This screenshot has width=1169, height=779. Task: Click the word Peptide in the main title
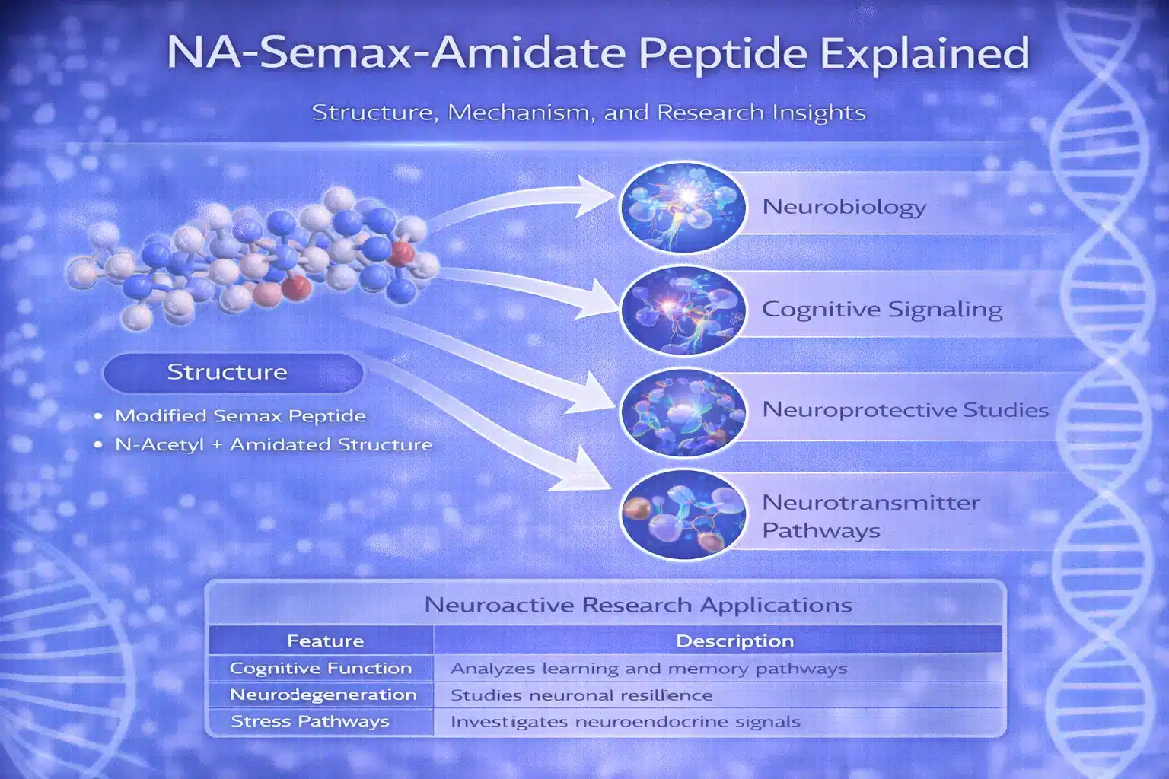(723, 54)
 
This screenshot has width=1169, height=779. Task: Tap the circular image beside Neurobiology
(683, 207)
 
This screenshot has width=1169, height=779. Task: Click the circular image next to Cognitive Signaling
(683, 310)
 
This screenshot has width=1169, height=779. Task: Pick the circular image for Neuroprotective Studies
(683, 412)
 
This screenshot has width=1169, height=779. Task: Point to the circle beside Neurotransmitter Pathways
(683, 515)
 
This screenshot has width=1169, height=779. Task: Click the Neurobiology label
(844, 207)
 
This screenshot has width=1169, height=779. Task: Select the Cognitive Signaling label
(883, 310)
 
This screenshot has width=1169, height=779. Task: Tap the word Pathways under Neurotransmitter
(821, 531)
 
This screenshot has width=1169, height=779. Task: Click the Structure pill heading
(233, 373)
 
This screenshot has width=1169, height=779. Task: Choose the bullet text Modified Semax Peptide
(240, 416)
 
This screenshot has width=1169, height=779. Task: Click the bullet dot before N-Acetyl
(98, 445)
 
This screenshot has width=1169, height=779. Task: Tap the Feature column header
(326, 641)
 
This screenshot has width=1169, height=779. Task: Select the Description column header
(734, 641)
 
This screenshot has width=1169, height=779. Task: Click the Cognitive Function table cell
(321, 669)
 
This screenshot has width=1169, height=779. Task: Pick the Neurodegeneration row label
(323, 695)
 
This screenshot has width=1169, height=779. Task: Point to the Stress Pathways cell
(310, 722)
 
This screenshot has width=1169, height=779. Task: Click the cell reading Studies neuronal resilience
(581, 695)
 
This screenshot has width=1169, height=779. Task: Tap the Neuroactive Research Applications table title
(639, 606)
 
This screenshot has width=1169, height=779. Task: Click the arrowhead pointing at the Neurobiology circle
(595, 197)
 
